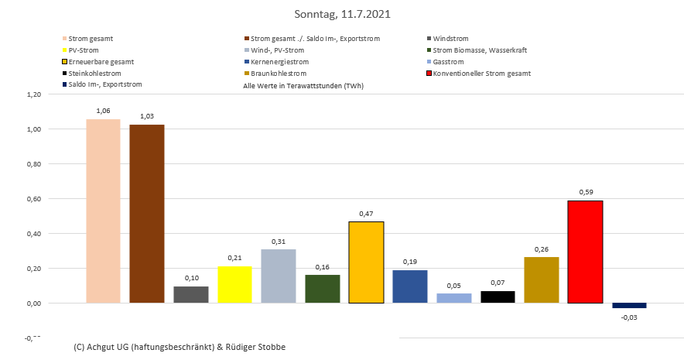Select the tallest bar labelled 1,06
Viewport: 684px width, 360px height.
(103, 211)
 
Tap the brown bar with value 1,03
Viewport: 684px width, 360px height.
(147, 214)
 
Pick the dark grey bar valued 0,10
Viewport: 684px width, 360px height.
(191, 295)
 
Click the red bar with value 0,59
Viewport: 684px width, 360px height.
(585, 252)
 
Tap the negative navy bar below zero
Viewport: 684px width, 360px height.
(629, 306)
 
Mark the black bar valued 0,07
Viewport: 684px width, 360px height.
(498, 297)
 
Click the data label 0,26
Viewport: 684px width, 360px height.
(541, 250)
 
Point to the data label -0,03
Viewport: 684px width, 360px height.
(629, 317)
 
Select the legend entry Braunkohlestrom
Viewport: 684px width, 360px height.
(276, 74)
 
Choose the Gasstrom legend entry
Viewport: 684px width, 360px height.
(449, 62)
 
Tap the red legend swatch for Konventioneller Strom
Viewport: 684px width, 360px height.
(429, 74)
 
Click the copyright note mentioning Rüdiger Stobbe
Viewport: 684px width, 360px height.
(180, 347)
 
